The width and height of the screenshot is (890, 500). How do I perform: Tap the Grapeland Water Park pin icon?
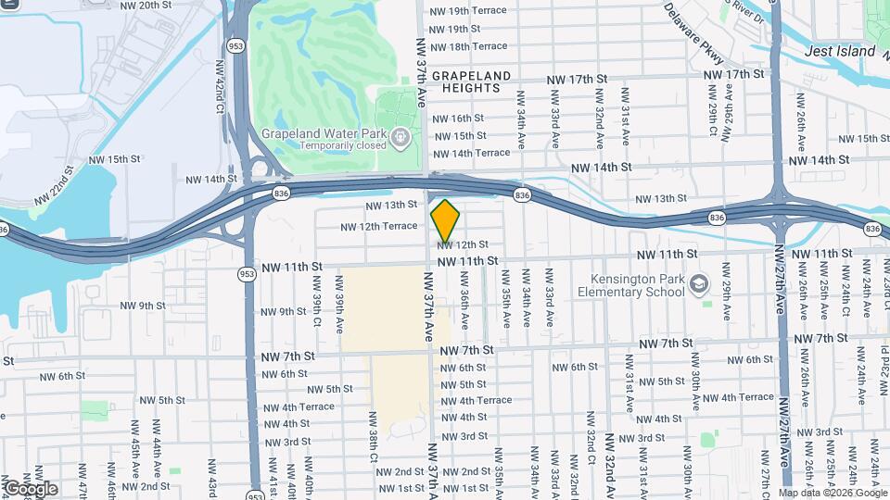tap(400, 139)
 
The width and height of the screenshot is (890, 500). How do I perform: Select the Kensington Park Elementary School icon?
tap(700, 283)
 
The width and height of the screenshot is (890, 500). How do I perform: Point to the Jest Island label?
tap(840, 51)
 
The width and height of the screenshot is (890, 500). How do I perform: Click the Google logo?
tap(31, 488)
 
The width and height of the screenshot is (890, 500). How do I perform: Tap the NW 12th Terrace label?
tap(379, 226)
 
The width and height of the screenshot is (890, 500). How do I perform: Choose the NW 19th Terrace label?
tap(468, 11)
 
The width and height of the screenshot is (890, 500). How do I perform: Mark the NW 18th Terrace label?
tap(468, 46)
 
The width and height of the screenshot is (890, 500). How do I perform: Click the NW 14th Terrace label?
tap(471, 153)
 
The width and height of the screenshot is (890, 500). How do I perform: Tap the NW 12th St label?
tap(464, 244)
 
